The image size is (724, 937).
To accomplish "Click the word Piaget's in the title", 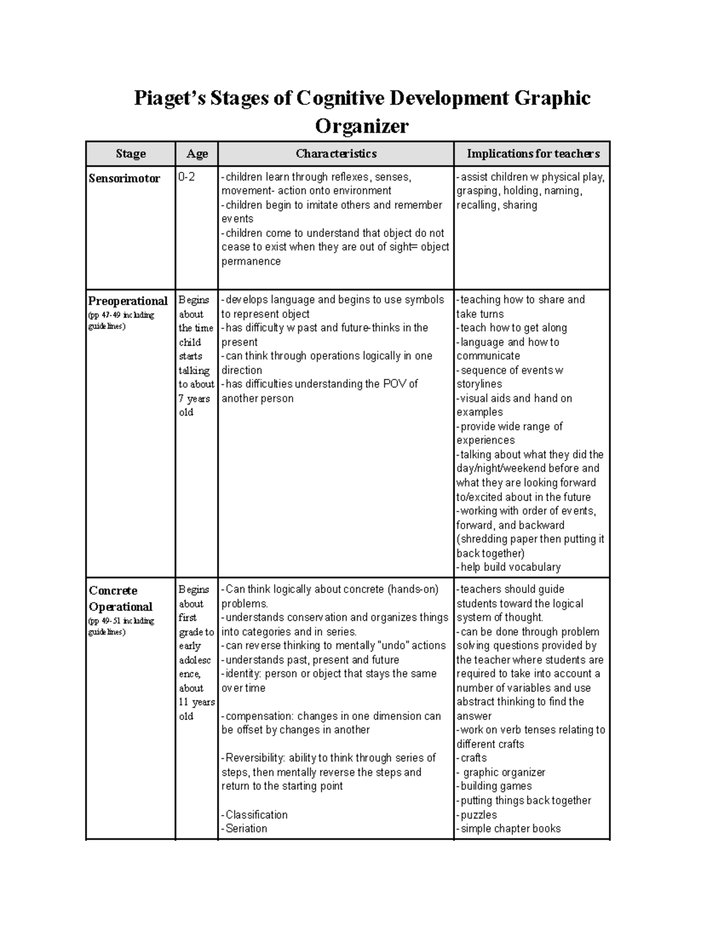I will point(170,98).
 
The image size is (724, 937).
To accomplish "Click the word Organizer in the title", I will point(361,126).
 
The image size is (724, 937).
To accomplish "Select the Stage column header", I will point(130,154).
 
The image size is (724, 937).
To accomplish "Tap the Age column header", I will point(197,154).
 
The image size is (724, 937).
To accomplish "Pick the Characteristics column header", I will point(336,154).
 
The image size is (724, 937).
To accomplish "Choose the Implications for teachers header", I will point(533,154).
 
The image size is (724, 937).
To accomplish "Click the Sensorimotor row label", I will point(124,179).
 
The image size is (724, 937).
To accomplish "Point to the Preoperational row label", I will point(128,301).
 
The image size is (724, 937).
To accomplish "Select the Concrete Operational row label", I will point(120,599).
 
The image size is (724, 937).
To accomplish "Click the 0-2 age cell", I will point(186,177).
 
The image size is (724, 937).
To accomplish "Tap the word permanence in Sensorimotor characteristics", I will point(251,261).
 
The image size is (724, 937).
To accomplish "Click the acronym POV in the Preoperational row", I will point(394,384).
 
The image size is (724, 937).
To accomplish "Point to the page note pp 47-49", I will point(121,315).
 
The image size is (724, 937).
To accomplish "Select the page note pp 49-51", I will point(121,621).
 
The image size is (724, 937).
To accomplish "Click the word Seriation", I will point(246,828).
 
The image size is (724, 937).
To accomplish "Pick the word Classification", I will point(256,815).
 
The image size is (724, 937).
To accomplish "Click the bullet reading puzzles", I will point(478,815).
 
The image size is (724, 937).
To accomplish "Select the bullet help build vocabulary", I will point(510,567).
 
